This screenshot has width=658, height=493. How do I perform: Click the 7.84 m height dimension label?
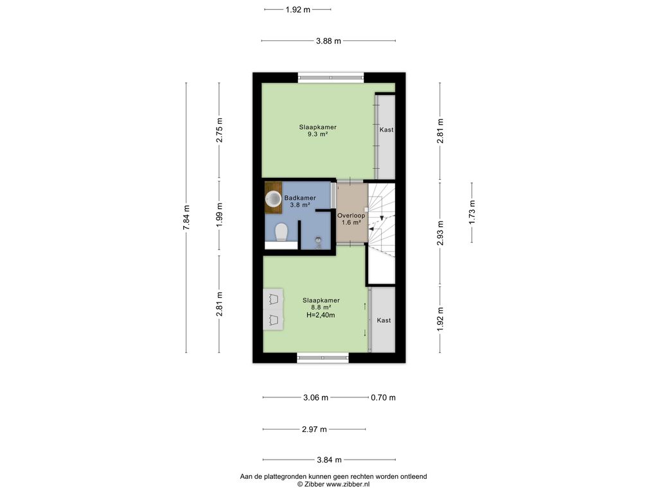tap(187, 217)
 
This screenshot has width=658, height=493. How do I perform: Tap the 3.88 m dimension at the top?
tap(328, 40)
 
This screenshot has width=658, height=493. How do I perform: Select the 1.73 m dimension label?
tap(472, 212)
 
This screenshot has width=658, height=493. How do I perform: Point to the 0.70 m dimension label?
tap(383, 397)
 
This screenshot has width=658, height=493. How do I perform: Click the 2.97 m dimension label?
tap(314, 429)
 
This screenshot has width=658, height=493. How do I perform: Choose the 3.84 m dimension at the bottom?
tap(329, 460)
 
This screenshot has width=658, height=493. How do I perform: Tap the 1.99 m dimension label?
tap(220, 214)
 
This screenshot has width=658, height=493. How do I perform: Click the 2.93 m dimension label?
tap(440, 232)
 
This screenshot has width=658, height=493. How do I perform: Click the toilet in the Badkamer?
tap(281, 232)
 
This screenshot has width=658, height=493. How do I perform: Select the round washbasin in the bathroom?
tap(274, 199)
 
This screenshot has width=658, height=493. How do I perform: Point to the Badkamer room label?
tap(300, 198)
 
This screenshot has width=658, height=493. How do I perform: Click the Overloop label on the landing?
tap(351, 216)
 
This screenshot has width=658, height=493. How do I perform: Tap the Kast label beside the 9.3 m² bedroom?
tap(386, 130)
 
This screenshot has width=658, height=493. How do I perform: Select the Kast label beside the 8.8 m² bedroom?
tap(384, 320)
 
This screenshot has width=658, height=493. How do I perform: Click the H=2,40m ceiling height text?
tap(321, 315)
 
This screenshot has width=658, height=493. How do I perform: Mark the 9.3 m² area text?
tap(317, 134)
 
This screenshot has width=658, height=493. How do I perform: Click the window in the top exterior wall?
tap(331, 77)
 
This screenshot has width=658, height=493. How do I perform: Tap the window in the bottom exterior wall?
tap(323, 358)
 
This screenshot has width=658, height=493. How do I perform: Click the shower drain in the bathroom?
tap(319, 240)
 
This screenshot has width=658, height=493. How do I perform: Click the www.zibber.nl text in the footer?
tap(348, 484)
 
